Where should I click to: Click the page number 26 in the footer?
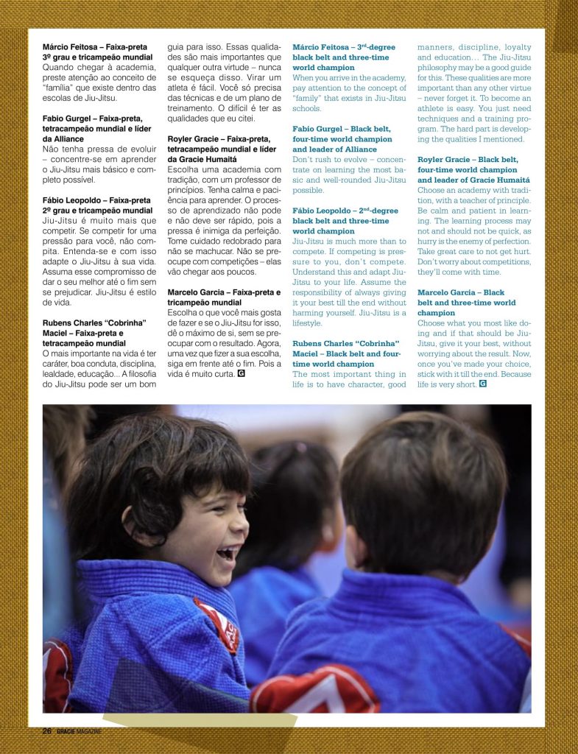(x=46, y=731)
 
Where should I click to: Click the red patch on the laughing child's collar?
(x=219, y=625)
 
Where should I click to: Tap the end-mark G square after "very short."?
(x=483, y=384)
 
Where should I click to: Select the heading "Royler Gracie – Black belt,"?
(x=468, y=160)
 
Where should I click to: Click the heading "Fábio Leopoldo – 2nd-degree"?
(x=341, y=211)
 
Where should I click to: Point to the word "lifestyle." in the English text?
(x=307, y=323)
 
